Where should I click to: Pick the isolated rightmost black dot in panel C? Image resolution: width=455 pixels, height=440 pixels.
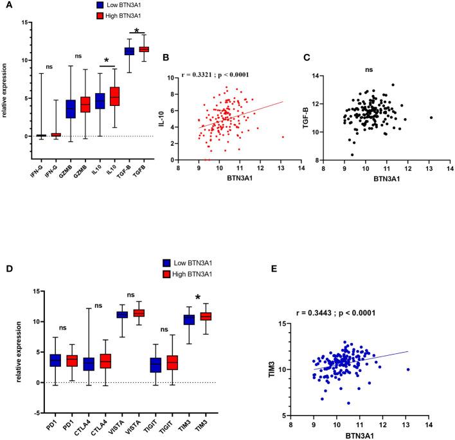pyautogui.click(x=431, y=118)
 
